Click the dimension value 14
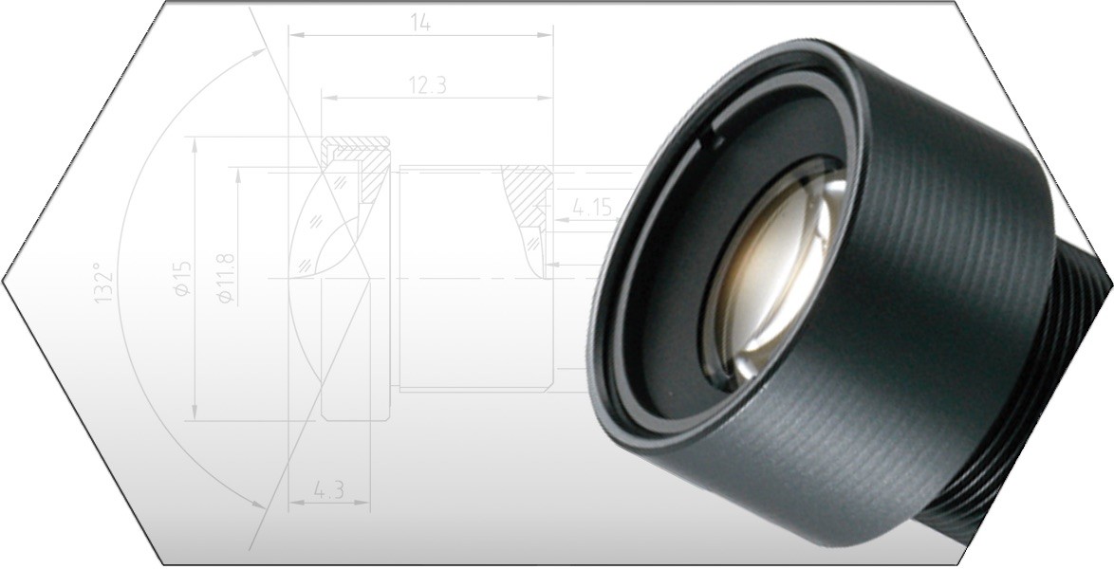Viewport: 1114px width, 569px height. [420, 23]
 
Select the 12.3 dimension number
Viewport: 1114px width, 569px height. [427, 84]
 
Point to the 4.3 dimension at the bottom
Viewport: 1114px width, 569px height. [327, 491]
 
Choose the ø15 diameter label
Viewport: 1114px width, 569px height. [182, 279]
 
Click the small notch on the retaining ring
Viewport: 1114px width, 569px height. [711, 141]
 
